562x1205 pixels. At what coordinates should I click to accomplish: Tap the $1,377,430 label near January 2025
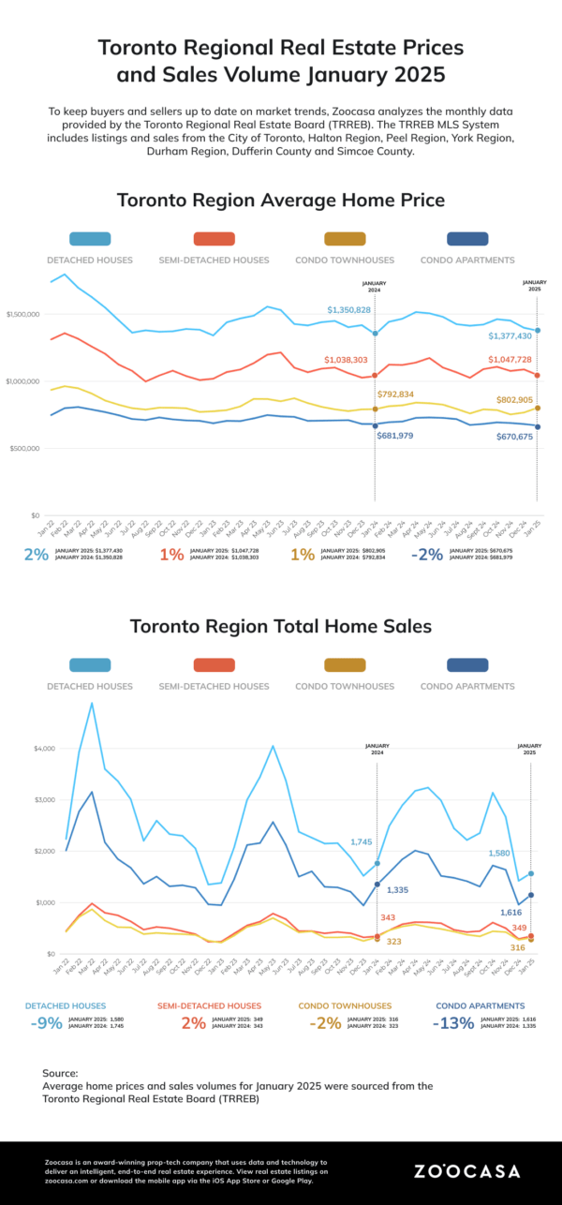(510, 335)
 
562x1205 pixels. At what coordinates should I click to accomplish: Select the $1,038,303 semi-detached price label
(348, 360)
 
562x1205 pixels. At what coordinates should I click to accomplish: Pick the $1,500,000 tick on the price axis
(22, 315)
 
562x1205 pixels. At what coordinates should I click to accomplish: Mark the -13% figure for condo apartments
(453, 1023)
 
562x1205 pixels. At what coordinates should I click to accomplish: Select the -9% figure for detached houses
(46, 1023)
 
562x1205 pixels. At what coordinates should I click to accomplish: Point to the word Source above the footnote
(60, 1073)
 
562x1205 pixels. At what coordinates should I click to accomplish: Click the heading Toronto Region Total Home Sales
(281, 626)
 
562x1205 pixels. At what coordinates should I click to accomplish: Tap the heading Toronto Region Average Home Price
(281, 201)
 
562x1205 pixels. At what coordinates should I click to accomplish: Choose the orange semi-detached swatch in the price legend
(217, 239)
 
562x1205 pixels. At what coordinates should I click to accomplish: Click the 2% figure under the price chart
(37, 555)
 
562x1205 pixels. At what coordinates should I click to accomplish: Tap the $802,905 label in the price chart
(509, 400)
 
